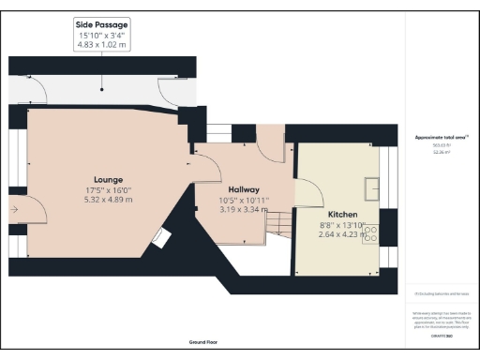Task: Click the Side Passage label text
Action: pos(101,23)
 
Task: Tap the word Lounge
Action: pos(109,179)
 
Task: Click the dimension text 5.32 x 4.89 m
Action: pos(109,200)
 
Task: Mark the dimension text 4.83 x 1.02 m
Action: pos(101,43)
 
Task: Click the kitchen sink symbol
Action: pos(373,183)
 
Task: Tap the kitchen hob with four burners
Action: pos(370,230)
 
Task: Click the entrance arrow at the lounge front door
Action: pos(14,209)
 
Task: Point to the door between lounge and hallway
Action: pos(199,170)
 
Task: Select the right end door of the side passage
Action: pos(171,90)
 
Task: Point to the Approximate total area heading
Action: pos(440,138)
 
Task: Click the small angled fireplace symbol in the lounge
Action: pos(161,238)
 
